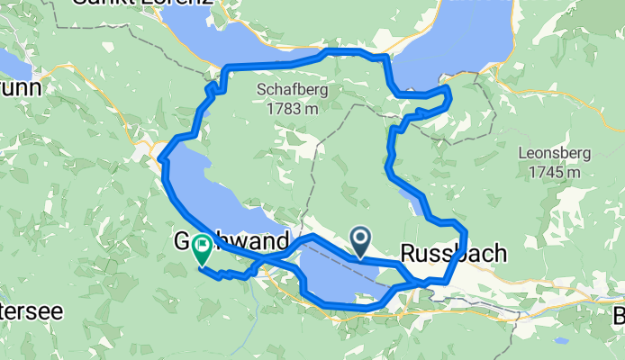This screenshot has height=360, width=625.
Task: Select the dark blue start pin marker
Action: coord(360,239)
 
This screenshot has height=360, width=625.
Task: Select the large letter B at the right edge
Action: coord(620,316)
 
